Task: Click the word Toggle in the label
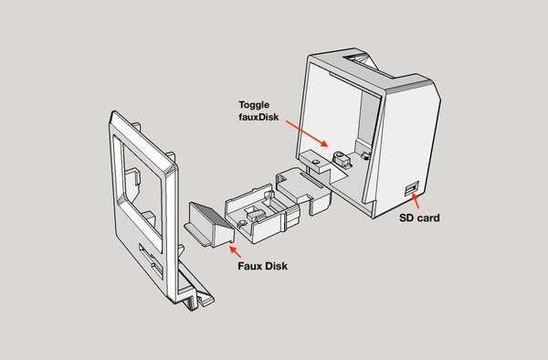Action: point(254,105)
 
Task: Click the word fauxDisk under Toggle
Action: point(258,117)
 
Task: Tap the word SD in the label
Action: point(406,217)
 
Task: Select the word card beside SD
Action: point(427,217)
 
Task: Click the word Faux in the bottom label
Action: point(249,266)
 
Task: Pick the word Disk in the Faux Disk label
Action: point(276,266)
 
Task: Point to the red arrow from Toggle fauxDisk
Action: point(307,133)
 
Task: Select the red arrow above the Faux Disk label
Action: point(235,251)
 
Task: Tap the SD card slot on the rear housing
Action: point(412,189)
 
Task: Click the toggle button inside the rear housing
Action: point(340,159)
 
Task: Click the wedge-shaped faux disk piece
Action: point(210,225)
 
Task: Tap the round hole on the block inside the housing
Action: point(316,162)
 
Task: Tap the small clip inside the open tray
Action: point(253,213)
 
